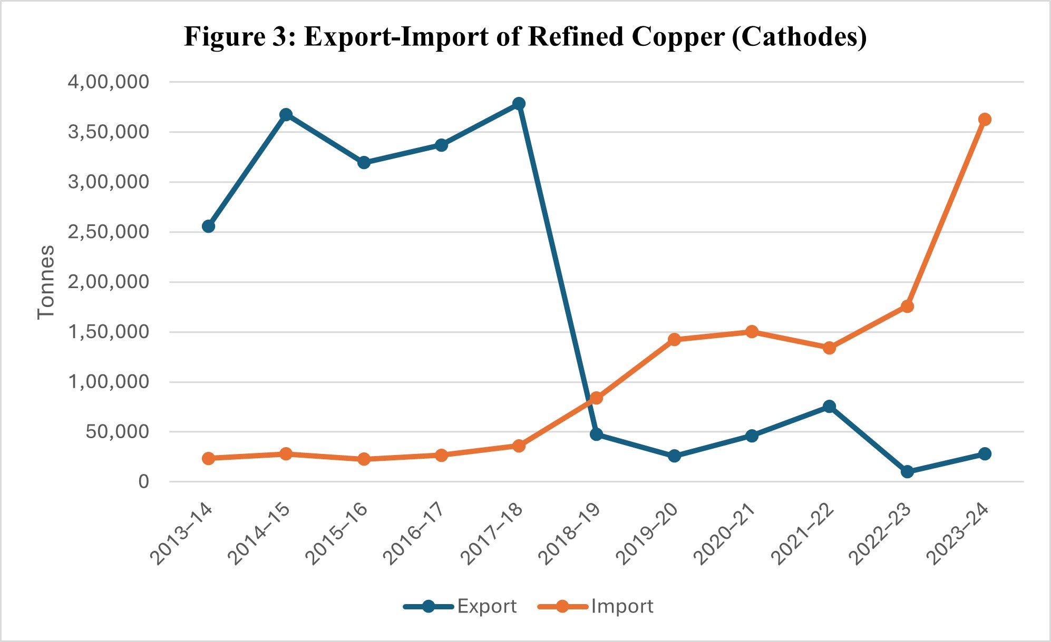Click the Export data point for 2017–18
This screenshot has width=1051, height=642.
click(x=519, y=103)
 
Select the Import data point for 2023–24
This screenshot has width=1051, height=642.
click(x=984, y=120)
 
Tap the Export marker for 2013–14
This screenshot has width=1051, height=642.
click(x=208, y=226)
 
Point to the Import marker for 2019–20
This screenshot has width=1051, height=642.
click(x=674, y=340)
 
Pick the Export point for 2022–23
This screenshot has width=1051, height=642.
click(x=907, y=471)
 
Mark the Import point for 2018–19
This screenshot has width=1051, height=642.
click(x=596, y=398)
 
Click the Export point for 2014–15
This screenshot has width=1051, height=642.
click(x=286, y=115)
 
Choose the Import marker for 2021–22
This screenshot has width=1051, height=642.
click(x=829, y=348)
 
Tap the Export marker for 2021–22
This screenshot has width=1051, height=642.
click(x=829, y=406)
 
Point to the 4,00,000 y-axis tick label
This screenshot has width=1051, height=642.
click(x=109, y=82)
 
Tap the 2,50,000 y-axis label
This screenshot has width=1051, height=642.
click(x=109, y=232)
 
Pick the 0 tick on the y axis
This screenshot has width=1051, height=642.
click(x=143, y=482)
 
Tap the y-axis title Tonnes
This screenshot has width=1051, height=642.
click(x=46, y=282)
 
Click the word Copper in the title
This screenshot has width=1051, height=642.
click(x=678, y=37)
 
